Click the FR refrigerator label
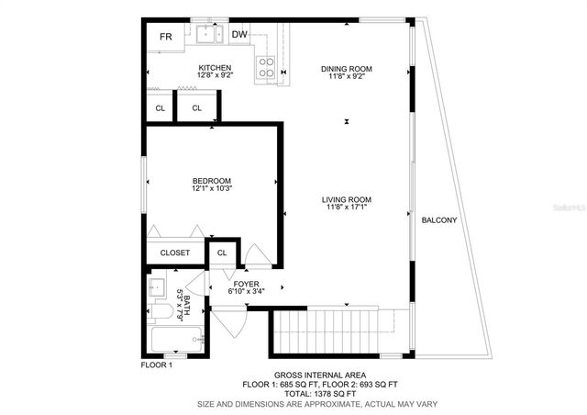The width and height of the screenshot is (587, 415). tap(166, 37)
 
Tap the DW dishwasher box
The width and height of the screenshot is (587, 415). tap(239, 36)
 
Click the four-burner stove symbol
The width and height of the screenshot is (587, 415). tap(266, 66)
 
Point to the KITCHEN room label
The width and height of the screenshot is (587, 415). tap(215, 68)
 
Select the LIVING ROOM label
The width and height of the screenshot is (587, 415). tap(347, 199)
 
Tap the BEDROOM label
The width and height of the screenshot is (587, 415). tap(212, 180)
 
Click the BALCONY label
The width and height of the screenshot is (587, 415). tap(438, 221)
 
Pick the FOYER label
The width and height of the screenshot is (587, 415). tap(246, 284)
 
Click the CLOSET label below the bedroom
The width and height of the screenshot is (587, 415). tap(175, 252)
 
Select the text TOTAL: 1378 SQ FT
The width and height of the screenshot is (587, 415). tap(320, 394)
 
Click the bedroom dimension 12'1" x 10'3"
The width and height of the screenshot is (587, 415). tap(212, 189)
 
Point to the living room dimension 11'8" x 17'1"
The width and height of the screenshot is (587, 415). tap(347, 208)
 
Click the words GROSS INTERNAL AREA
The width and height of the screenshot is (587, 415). tap(320, 375)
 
